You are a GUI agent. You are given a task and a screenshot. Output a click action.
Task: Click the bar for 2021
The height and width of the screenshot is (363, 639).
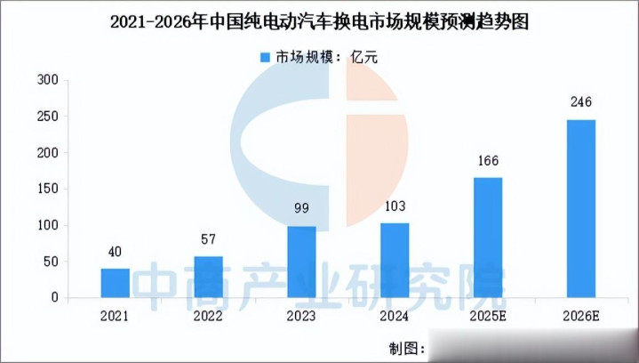pyautogui.click(x=115, y=283)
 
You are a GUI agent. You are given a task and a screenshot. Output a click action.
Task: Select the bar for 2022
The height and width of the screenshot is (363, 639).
pyautogui.click(x=208, y=277)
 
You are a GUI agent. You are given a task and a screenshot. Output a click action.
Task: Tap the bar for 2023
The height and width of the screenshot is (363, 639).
pyautogui.click(x=301, y=262)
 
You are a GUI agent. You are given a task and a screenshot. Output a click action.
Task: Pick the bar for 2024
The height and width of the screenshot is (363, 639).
pyautogui.click(x=395, y=260)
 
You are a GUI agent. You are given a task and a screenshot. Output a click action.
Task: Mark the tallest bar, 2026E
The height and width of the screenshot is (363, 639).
pyautogui.click(x=581, y=208)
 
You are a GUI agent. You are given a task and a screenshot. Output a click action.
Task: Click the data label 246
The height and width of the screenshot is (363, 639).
pyautogui.click(x=581, y=104)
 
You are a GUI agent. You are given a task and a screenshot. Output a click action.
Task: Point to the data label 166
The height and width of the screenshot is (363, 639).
pyautogui.click(x=488, y=162)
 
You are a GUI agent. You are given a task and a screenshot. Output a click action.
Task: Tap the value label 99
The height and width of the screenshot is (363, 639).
pyautogui.click(x=301, y=210)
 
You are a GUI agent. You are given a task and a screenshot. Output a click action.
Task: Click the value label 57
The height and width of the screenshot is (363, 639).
pyautogui.click(x=208, y=240)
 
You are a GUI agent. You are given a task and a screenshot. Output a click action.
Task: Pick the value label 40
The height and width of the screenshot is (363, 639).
pyautogui.click(x=115, y=253)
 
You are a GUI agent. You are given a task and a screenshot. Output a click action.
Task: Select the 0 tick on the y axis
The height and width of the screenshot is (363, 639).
pyautogui.click(x=54, y=297)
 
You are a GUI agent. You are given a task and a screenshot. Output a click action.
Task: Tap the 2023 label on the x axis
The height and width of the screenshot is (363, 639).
pyautogui.click(x=301, y=315)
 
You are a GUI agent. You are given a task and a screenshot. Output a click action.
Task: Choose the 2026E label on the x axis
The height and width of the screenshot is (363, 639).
pyautogui.click(x=581, y=315)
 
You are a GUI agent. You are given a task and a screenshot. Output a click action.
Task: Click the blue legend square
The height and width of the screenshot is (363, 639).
pyautogui.click(x=264, y=58)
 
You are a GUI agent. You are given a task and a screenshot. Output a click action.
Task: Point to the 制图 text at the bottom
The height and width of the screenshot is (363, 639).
pyautogui.click(x=405, y=346)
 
